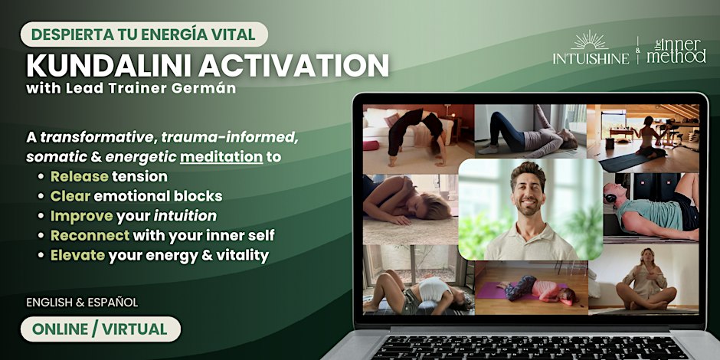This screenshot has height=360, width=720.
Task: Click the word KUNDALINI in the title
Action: tap(110, 66)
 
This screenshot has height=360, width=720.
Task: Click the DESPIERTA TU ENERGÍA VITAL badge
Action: tap(144, 34)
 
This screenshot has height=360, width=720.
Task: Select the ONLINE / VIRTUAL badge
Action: tap(100, 329)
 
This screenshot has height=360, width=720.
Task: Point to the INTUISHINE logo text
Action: tap(591, 59)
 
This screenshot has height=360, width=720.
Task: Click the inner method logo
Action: tap(677, 51)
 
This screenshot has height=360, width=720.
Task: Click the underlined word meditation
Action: tap(221, 157)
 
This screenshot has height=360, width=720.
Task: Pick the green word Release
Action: tap(80, 176)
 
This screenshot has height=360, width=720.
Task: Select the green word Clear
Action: tap(70, 196)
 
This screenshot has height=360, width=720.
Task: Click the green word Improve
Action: tap(82, 216)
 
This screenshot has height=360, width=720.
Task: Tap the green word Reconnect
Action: tap(90, 236)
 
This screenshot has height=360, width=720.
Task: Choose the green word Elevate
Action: tap(77, 255)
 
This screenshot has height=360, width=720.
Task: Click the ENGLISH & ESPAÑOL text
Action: tap(82, 303)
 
